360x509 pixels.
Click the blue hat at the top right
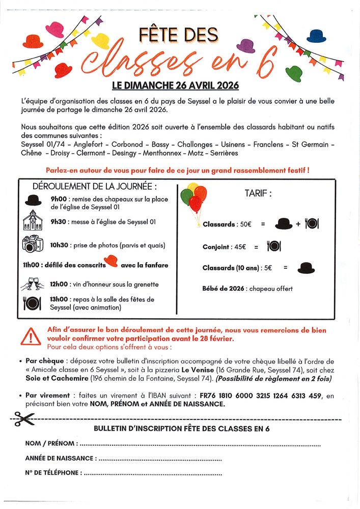tap(316, 36)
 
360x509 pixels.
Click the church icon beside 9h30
tap(33, 221)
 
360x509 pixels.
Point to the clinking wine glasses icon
tap(32, 284)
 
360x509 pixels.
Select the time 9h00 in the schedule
tap(59, 200)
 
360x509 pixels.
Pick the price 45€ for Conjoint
tap(239, 247)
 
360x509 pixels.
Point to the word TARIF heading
tap(258, 193)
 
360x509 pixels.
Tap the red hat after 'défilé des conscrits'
tap(112, 261)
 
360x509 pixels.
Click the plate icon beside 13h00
tap(32, 303)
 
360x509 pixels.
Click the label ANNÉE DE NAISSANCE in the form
tap(60, 458)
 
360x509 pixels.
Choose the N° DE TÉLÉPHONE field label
tap(52, 473)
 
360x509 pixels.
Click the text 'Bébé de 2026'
tap(224, 289)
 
